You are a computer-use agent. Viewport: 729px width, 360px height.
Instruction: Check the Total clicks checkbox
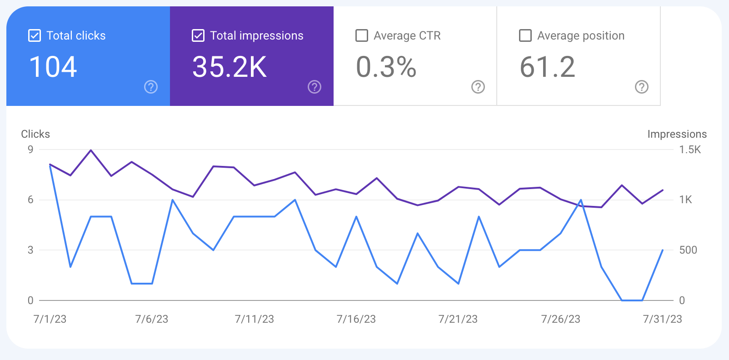click(x=35, y=35)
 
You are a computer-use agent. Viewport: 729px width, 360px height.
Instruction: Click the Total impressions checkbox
click(x=198, y=35)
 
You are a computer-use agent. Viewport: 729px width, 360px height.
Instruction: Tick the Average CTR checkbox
click(x=362, y=35)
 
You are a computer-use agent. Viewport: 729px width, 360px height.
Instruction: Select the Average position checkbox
click(x=525, y=35)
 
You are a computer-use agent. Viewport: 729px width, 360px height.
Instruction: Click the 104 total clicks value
click(x=53, y=67)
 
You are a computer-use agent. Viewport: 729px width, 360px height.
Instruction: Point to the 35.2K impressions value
click(x=230, y=67)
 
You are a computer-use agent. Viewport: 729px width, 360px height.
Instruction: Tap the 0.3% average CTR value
click(x=386, y=67)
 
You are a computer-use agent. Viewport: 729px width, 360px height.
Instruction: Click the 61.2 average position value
click(x=547, y=67)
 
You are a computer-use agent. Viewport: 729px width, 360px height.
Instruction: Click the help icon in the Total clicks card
click(x=151, y=87)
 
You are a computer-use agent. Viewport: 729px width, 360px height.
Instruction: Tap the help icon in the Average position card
click(x=642, y=87)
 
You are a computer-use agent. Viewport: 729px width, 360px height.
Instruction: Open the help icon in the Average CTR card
click(x=478, y=87)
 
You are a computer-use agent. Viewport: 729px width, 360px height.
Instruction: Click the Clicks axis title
click(x=35, y=134)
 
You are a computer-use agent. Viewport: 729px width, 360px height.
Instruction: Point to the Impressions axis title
click(x=677, y=134)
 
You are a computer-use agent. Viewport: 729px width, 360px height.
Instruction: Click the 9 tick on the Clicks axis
click(x=30, y=150)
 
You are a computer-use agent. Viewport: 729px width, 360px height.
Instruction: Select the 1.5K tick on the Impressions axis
click(x=690, y=150)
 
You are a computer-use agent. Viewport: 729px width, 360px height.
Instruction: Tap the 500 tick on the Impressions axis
click(x=688, y=250)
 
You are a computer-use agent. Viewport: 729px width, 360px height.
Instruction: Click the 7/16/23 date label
click(x=356, y=319)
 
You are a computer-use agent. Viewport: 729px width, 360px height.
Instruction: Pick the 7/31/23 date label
click(x=662, y=319)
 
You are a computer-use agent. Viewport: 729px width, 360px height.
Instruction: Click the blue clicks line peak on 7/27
click(x=581, y=200)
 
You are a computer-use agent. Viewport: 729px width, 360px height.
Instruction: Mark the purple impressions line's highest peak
click(x=91, y=150)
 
